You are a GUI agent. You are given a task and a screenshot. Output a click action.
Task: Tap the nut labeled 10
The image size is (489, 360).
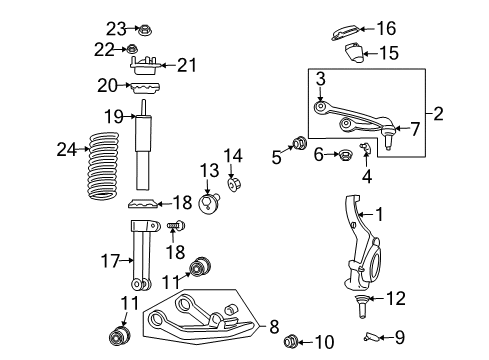(295, 343)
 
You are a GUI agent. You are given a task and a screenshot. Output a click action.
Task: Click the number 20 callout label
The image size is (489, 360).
(106, 86)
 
